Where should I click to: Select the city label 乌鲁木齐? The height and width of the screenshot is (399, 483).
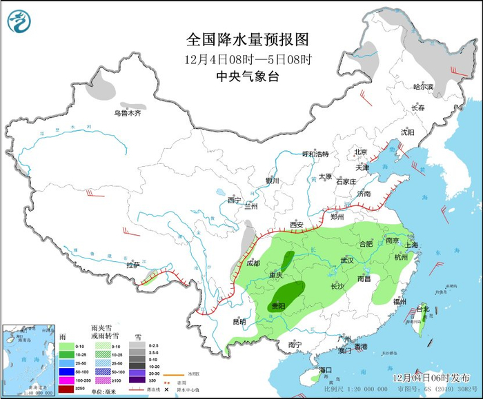[x=128, y=113]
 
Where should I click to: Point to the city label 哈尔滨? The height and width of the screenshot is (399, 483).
[x=423, y=87]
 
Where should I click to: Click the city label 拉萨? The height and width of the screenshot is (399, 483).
[x=133, y=265]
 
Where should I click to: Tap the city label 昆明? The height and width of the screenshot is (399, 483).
[x=239, y=321]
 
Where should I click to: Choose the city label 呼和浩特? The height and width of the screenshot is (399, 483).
[x=316, y=154]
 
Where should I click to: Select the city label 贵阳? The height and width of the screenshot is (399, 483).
[x=279, y=305]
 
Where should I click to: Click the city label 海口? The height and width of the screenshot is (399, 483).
[x=326, y=370]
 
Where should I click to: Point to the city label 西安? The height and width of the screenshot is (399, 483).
[x=297, y=225]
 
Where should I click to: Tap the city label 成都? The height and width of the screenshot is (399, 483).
[x=253, y=263]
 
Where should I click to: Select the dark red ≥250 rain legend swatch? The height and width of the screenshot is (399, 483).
[x=66, y=389]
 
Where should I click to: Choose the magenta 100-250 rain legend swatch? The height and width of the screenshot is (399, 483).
[x=66, y=380]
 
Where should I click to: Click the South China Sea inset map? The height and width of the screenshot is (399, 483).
[x=27, y=359]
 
